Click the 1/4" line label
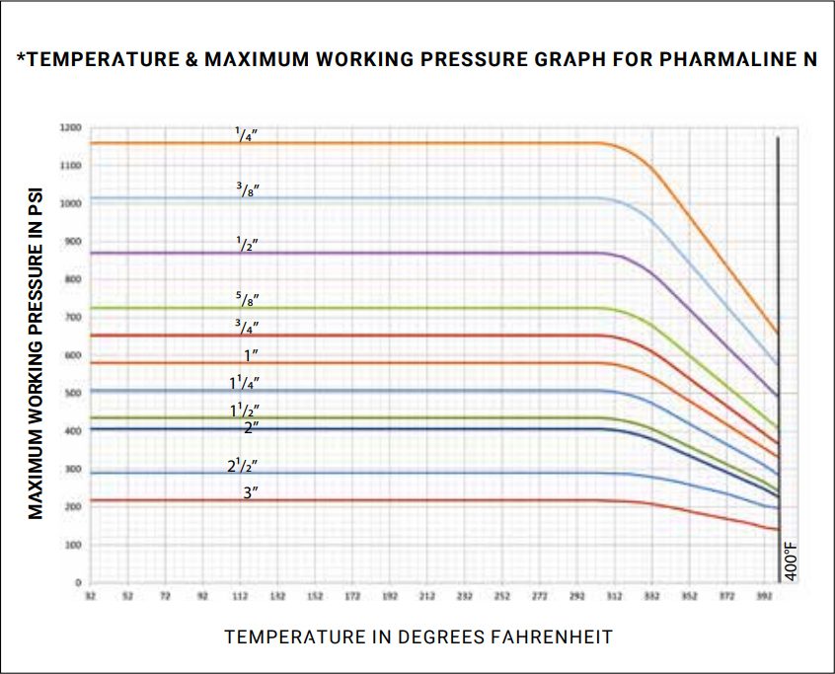pyautogui.click(x=247, y=134)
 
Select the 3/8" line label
pyautogui.click(x=247, y=188)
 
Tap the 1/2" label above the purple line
pyautogui.click(x=247, y=243)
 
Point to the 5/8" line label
pyautogui.click(x=247, y=298)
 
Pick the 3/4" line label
pyautogui.click(x=247, y=325)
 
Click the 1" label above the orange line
pyautogui.click(x=249, y=353)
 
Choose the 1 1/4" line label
pyautogui.click(x=245, y=382)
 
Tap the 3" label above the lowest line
pyautogui.click(x=251, y=491)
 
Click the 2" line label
pyautogui.click(x=251, y=426)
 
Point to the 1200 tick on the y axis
pyautogui.click(x=69, y=128)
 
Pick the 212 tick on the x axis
pyautogui.click(x=426, y=597)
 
